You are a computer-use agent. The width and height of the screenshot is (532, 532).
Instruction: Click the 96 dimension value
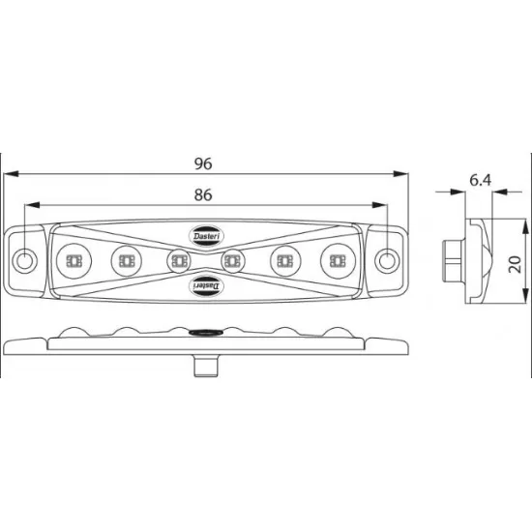pos(203,163)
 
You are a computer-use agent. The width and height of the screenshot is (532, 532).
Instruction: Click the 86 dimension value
pos(203,195)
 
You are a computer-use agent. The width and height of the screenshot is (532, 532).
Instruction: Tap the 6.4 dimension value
pos(481,180)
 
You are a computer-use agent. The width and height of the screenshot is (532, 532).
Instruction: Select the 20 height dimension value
pos(515,265)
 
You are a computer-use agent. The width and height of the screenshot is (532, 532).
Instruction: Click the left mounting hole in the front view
pos(24,260)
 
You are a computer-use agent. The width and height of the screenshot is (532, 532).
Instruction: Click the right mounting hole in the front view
pos(387,260)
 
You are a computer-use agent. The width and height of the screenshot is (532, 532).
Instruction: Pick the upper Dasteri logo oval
pos(206,236)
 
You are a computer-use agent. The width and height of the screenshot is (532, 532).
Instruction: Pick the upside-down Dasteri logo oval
pos(206,286)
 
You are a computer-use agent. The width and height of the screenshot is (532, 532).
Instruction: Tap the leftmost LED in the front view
pos(74,261)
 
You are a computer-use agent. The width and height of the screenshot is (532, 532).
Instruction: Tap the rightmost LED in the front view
pos(338,260)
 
